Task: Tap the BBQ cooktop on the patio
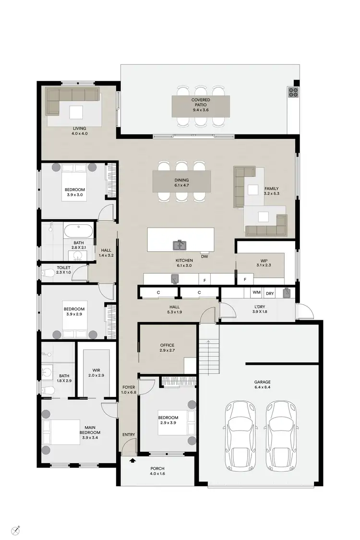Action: (293, 92)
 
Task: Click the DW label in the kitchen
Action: (204, 257)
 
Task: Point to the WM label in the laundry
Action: (256, 292)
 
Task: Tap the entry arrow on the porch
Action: (132, 461)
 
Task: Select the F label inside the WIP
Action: (245, 279)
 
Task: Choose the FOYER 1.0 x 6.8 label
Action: (129, 389)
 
